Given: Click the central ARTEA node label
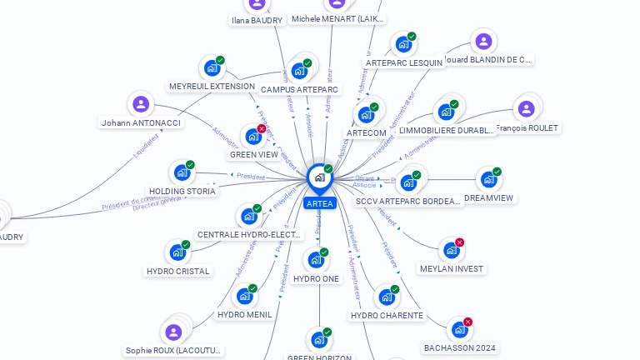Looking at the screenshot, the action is pyautogui.click(x=320, y=203).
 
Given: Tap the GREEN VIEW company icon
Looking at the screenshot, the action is pyautogui.click(x=252, y=136).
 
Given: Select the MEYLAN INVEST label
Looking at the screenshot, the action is pyautogui.click(x=452, y=269).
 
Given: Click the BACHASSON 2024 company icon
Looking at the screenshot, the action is pyautogui.click(x=459, y=329).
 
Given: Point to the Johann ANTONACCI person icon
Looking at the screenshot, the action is pyautogui.click(x=141, y=104).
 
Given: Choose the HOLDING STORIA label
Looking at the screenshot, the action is pyautogui.click(x=182, y=191).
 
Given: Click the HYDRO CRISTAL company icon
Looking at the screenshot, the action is pyautogui.click(x=177, y=252).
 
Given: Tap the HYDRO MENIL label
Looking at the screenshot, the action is pyautogui.click(x=244, y=314).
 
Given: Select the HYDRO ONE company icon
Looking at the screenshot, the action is pyautogui.click(x=315, y=260).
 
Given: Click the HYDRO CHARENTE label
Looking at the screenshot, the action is pyautogui.click(x=387, y=316).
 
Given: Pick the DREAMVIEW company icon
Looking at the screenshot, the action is pyautogui.click(x=488, y=179).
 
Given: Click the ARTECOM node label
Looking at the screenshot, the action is pyautogui.click(x=367, y=132).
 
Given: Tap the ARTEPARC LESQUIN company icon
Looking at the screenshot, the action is pyautogui.click(x=403, y=44).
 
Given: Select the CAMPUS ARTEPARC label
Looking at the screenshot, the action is pyautogui.click(x=300, y=89).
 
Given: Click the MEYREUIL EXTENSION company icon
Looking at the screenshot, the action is pyautogui.click(x=212, y=67).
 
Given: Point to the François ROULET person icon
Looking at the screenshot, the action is pyautogui.click(x=526, y=109).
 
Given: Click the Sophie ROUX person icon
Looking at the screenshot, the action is pyautogui.click(x=173, y=332).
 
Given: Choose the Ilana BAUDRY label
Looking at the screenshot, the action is pyautogui.click(x=257, y=21).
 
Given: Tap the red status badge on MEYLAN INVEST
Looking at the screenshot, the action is pyautogui.click(x=459, y=242).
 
